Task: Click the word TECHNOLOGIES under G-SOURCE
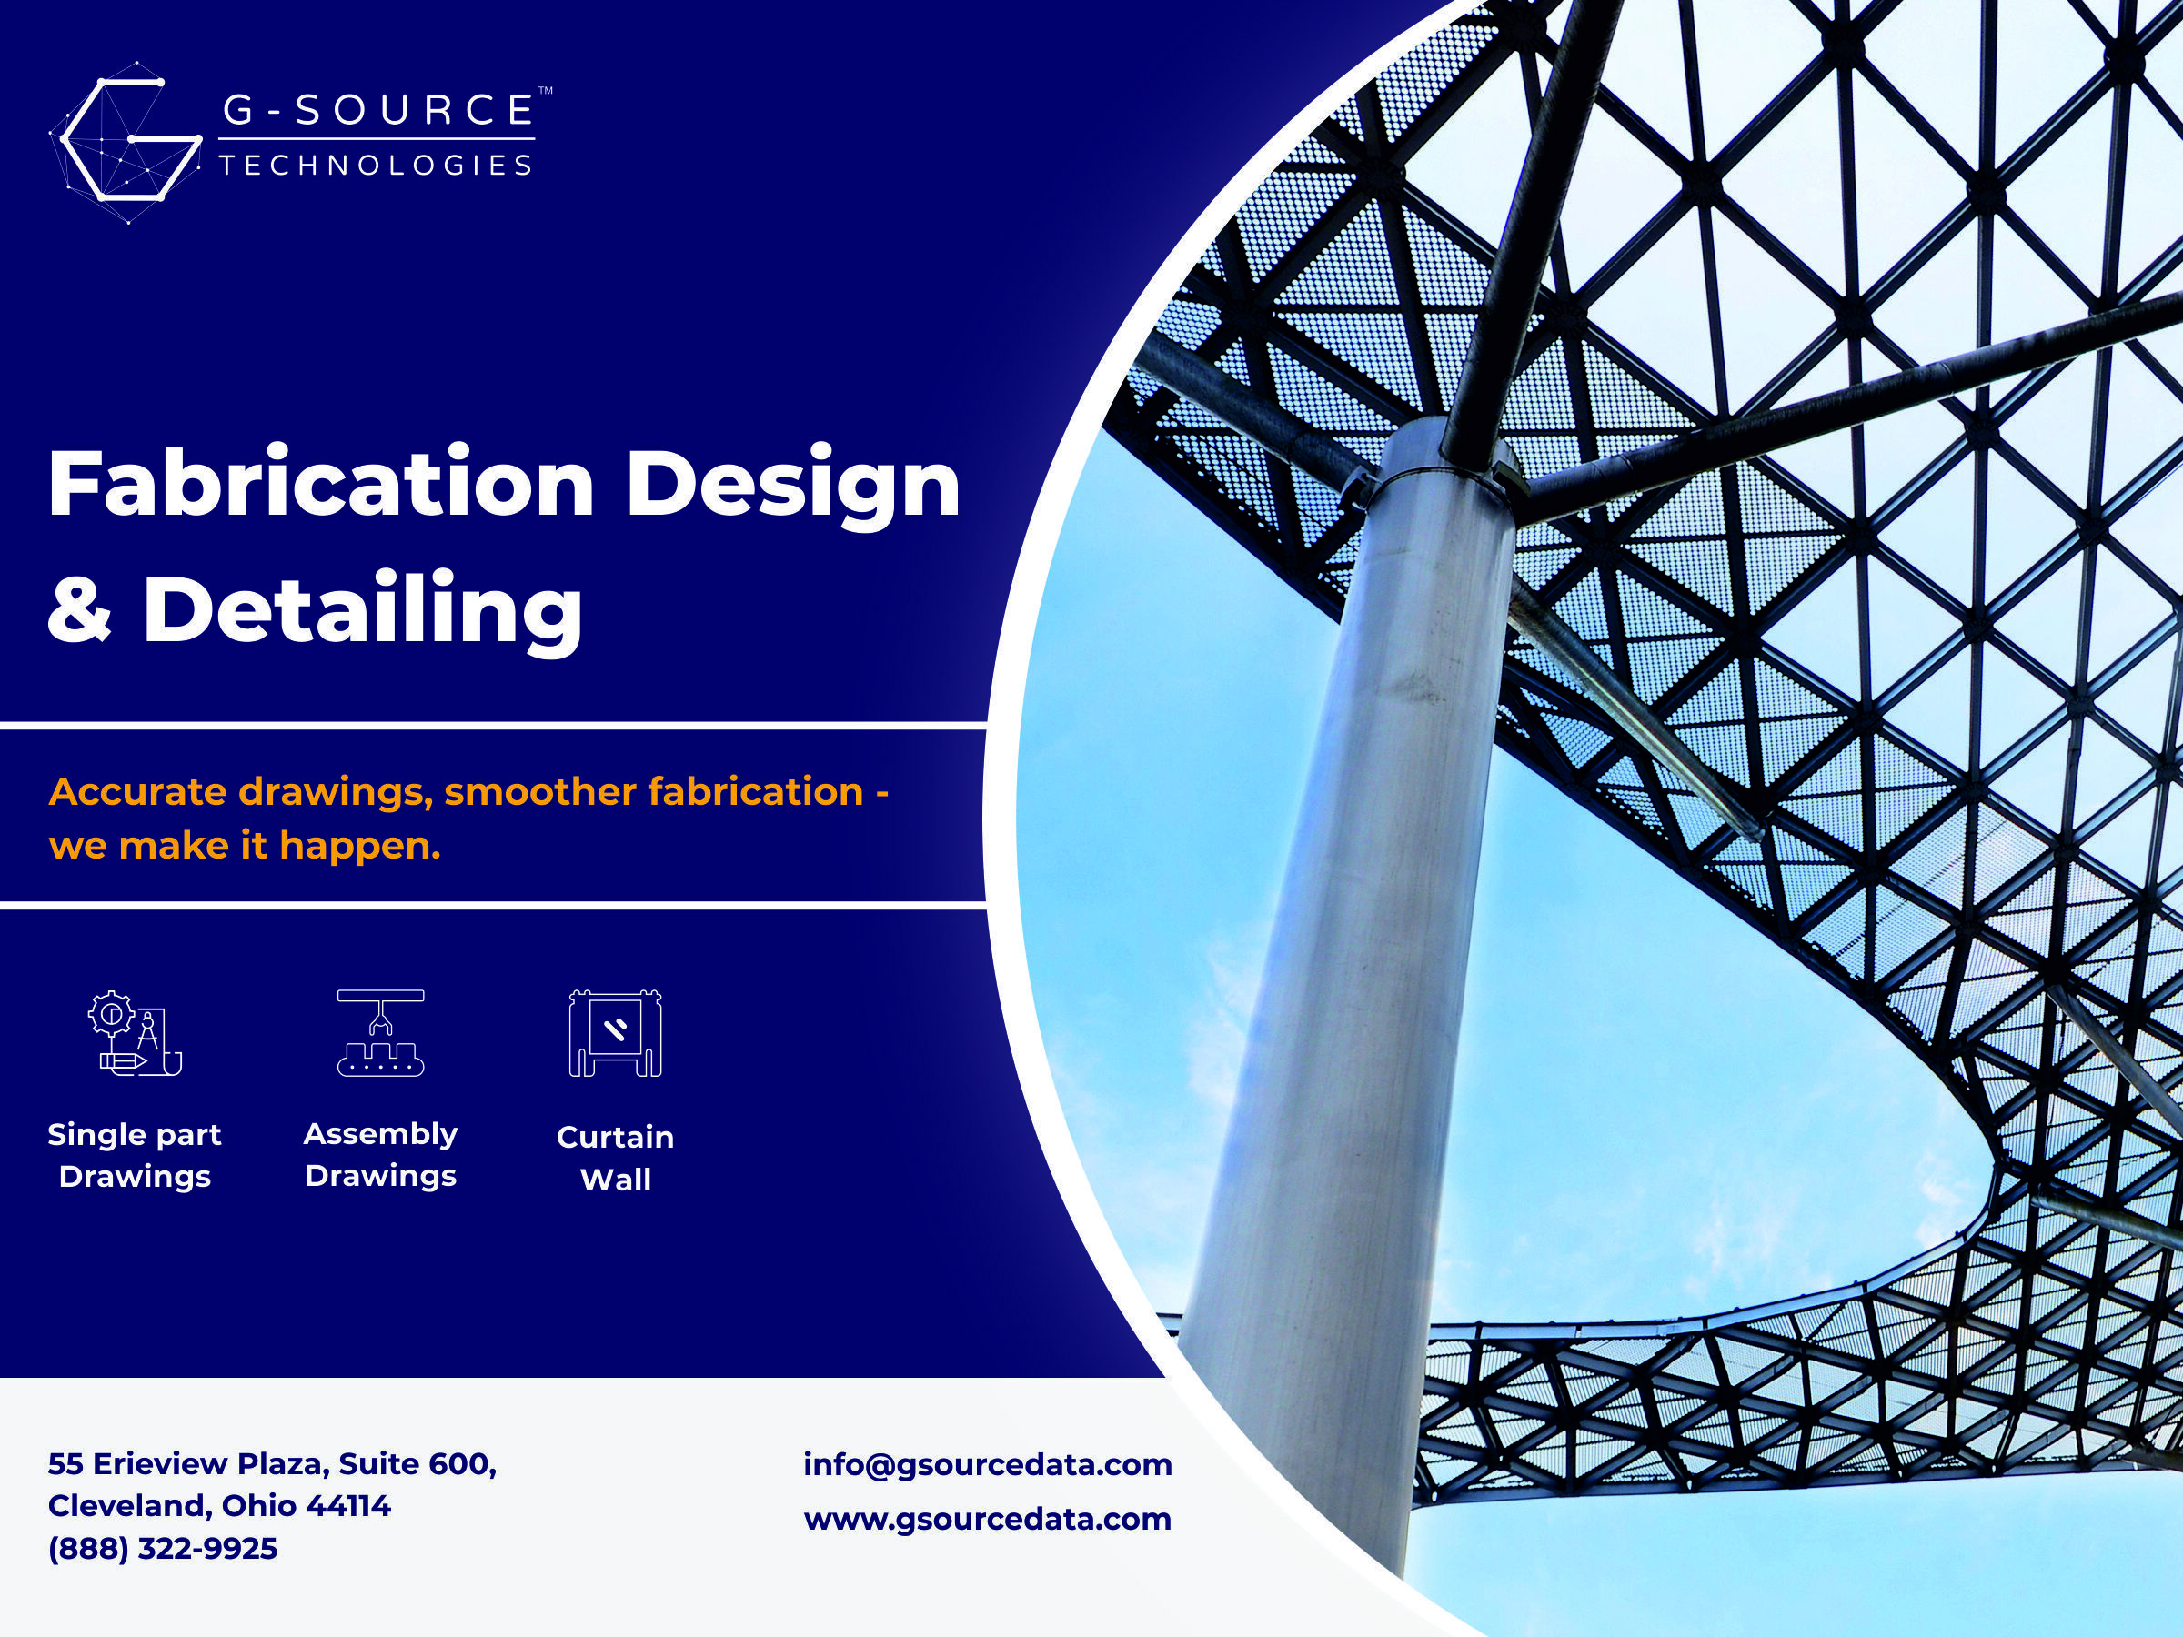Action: click(x=376, y=165)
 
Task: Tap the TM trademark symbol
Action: click(x=545, y=91)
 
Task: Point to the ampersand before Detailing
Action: click(x=80, y=608)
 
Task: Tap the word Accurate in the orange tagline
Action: click(x=138, y=791)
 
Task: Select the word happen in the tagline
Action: click(x=359, y=847)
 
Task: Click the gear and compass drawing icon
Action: click(x=136, y=1033)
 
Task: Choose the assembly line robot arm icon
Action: click(x=381, y=1032)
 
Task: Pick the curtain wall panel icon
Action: click(x=615, y=1033)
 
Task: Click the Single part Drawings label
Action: click(x=136, y=1156)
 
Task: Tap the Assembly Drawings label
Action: click(x=381, y=1154)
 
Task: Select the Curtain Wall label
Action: click(x=616, y=1159)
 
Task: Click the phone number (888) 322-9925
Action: click(x=163, y=1548)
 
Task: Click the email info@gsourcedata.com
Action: click(x=988, y=1465)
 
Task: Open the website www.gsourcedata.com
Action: click(x=988, y=1519)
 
